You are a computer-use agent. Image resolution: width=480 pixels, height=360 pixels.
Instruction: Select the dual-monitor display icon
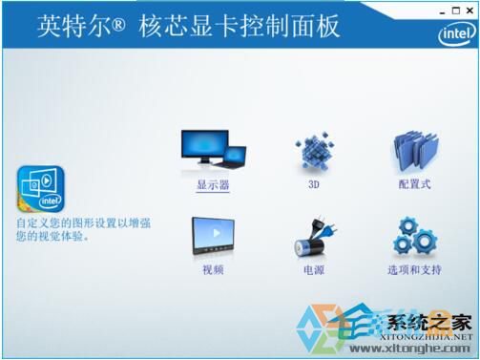click(x=214, y=149)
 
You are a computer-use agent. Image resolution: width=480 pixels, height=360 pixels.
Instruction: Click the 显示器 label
click(x=214, y=184)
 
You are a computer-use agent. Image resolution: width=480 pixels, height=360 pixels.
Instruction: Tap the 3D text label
click(x=312, y=184)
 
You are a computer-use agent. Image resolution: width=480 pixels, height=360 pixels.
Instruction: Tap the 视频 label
click(x=213, y=270)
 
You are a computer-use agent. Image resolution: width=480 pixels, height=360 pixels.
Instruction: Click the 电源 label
click(x=313, y=270)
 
